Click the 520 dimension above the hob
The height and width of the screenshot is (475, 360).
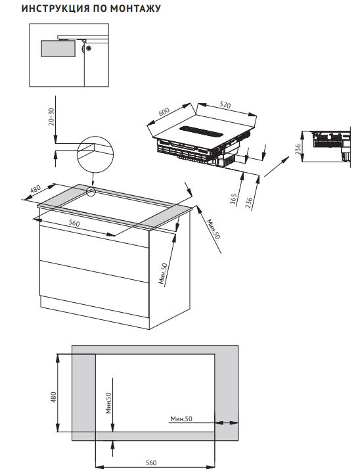pyautogui.click(x=224, y=104)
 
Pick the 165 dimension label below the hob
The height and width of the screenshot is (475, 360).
pyautogui.click(x=234, y=199)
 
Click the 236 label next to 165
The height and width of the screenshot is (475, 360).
pyautogui.click(x=248, y=202)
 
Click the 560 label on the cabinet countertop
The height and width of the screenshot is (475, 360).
pyautogui.click(x=74, y=223)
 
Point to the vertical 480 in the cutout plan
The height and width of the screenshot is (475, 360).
pyautogui.click(x=54, y=397)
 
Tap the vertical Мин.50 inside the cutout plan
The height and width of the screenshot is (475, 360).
pyautogui.click(x=109, y=401)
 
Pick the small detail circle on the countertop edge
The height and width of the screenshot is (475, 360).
pyautogui.click(x=91, y=192)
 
